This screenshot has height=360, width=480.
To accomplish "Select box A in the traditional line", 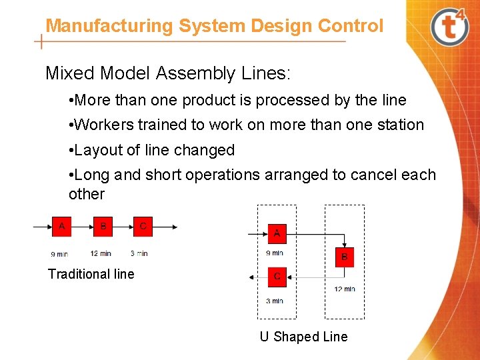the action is [x=61, y=227].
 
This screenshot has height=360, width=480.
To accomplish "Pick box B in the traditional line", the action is [x=103, y=227].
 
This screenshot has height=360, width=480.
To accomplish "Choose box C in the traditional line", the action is [x=143, y=227].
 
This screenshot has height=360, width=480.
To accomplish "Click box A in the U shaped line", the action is [x=277, y=234].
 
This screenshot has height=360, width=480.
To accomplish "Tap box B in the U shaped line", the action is [x=345, y=257].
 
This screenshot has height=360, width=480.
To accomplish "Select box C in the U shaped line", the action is [x=277, y=276].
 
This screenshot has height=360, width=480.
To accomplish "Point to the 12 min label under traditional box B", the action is [x=101, y=253].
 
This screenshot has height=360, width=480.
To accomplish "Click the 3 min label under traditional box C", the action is [x=139, y=253].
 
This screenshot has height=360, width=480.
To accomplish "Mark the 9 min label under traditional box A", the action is [x=59, y=254].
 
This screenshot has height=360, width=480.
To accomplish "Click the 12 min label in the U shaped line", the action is [x=345, y=289].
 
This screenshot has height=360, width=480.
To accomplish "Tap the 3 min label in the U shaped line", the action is [x=275, y=301].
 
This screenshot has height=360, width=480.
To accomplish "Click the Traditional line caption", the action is [x=91, y=274].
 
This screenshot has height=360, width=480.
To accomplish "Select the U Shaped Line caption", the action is [x=303, y=337].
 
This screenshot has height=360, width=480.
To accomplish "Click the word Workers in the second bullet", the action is [x=102, y=125].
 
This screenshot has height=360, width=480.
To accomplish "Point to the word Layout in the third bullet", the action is [x=97, y=151].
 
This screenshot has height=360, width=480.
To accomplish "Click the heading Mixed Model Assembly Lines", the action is [x=168, y=73].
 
